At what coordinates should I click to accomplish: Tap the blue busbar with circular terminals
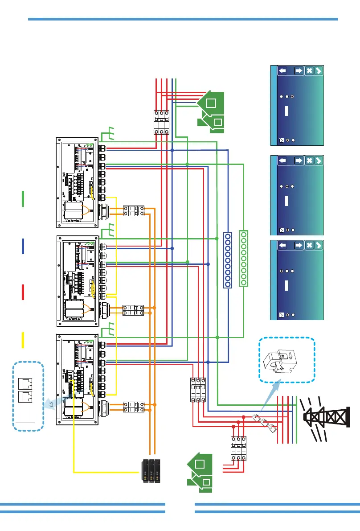(228, 260)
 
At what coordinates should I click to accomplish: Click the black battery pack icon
(151, 471)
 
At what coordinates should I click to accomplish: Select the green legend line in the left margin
(23, 198)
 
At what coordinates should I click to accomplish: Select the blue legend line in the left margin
(23, 246)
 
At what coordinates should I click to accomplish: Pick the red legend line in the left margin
(23, 292)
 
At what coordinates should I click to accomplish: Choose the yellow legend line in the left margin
(23, 340)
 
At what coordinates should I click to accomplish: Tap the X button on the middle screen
(309, 161)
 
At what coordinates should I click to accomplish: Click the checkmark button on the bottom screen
(318, 245)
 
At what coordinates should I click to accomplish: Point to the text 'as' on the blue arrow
(51, 405)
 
